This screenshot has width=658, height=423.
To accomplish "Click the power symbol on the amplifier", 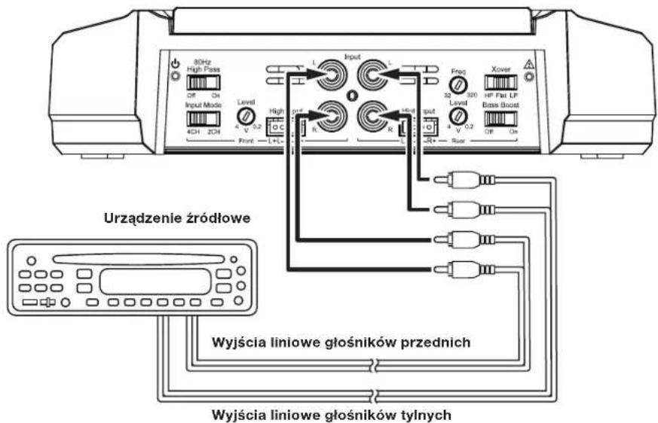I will coord(175,65).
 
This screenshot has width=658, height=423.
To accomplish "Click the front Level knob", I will coord(243,115).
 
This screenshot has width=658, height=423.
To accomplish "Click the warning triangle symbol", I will coord(530,65).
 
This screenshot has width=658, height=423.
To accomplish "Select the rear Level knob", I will coord(456,115).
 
